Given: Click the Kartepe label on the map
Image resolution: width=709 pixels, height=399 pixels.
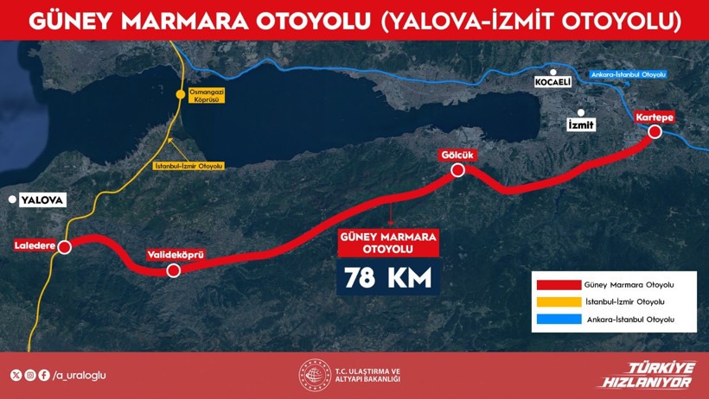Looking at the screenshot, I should pyautogui.click(x=654, y=117).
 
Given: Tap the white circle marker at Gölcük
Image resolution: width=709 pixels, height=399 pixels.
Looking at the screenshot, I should pyautogui.click(x=458, y=170).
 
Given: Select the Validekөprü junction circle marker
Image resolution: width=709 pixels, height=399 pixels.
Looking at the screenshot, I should pyautogui.click(x=173, y=270).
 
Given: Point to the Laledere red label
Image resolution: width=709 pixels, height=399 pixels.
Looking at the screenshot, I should pyautogui.click(x=35, y=246).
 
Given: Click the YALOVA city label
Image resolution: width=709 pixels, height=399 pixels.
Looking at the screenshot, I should pyautogui.click(x=42, y=199).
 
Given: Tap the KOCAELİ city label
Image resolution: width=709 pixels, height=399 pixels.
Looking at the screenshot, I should pyautogui.click(x=554, y=81).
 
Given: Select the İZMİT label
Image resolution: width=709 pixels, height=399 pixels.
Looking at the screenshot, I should pyautogui.click(x=581, y=125).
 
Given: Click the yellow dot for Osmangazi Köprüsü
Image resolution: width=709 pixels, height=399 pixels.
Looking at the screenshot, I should pyautogui.click(x=181, y=94).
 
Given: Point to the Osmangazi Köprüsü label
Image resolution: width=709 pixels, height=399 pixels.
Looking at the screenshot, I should pyautogui.click(x=208, y=96).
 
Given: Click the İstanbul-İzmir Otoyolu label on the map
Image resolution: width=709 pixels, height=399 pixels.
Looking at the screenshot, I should pyautogui.click(x=188, y=166).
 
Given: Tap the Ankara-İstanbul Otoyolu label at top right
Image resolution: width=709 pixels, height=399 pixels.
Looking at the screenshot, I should pyautogui.click(x=629, y=75).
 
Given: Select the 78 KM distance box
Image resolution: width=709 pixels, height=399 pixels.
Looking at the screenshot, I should pyautogui.click(x=388, y=278).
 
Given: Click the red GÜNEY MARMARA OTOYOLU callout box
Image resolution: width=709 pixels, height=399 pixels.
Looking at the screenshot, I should pyautogui.click(x=388, y=243).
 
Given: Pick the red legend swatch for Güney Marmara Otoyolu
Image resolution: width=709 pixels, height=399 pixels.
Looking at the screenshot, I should pyautogui.click(x=558, y=285).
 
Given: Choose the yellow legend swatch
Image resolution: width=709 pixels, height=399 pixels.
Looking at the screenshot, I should pyautogui.click(x=558, y=302).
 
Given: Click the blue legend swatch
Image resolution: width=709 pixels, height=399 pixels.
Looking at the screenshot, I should pyautogui.click(x=558, y=320).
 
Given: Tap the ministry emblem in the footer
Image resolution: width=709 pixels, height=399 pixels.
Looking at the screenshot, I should pyautogui.click(x=315, y=375).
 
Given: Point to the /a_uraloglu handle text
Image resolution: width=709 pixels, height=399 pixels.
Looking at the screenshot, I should pyautogui.click(x=79, y=376).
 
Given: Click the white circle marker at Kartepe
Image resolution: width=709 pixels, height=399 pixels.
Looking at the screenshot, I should pyautogui.click(x=655, y=131).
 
